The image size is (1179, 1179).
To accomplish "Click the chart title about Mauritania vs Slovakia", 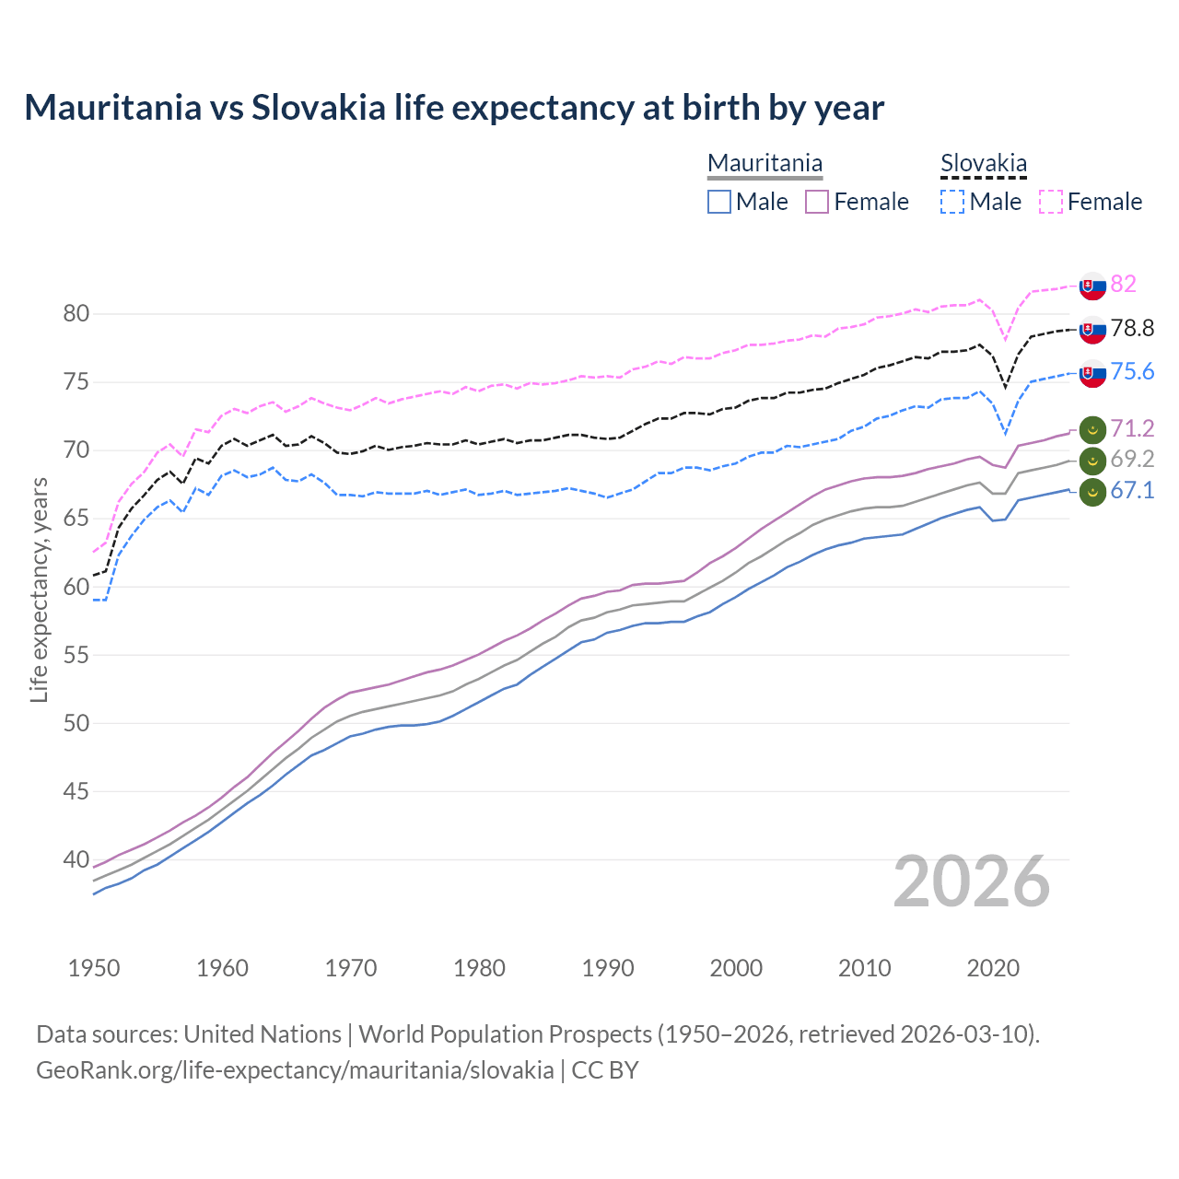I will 454,108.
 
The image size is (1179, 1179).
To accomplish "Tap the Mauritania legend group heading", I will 765,163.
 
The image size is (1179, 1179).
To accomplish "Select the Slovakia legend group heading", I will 983,163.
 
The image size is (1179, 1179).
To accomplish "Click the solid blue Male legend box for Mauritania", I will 719,202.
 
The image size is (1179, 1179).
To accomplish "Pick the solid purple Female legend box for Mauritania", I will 817,202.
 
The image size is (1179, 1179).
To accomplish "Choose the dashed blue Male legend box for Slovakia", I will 952,202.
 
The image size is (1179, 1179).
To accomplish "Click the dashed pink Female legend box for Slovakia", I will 1051,202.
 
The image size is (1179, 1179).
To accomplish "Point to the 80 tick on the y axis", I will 76,314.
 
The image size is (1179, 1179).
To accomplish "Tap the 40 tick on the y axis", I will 76,859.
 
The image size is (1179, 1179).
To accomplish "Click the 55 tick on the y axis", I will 76,655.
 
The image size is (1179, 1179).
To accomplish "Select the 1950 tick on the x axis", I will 94,968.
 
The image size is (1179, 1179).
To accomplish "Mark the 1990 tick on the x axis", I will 608,968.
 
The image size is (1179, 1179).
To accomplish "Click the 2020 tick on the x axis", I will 993,968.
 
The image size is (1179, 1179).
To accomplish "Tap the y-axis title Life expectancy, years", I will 39,589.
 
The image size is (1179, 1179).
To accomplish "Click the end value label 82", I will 1123,284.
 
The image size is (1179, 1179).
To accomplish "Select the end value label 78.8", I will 1132,328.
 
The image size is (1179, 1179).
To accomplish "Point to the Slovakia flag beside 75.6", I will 1092,373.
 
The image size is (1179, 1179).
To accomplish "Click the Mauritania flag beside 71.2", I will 1092,429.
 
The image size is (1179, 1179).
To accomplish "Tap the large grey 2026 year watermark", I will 971,881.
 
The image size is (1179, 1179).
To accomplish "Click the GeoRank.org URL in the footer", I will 295,1070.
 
